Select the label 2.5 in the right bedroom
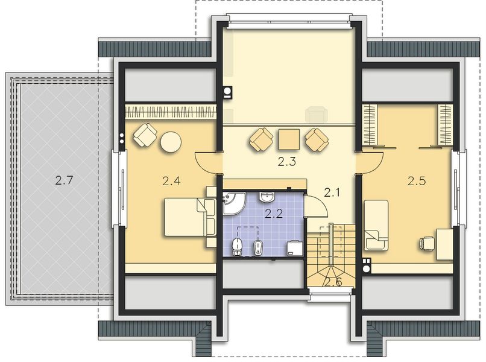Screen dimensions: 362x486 pos(416,180)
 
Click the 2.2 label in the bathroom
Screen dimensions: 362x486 pos(274,212)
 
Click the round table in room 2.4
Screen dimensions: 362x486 pos(171,142)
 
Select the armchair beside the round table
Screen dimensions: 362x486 pos(145,134)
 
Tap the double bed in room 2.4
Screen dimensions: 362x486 pos(190,217)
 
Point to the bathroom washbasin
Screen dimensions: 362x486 pos(266,197)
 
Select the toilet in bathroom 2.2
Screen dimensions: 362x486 pos(238,245)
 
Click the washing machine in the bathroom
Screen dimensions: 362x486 pos(295,248)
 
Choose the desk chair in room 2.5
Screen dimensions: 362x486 pos(426,243)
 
